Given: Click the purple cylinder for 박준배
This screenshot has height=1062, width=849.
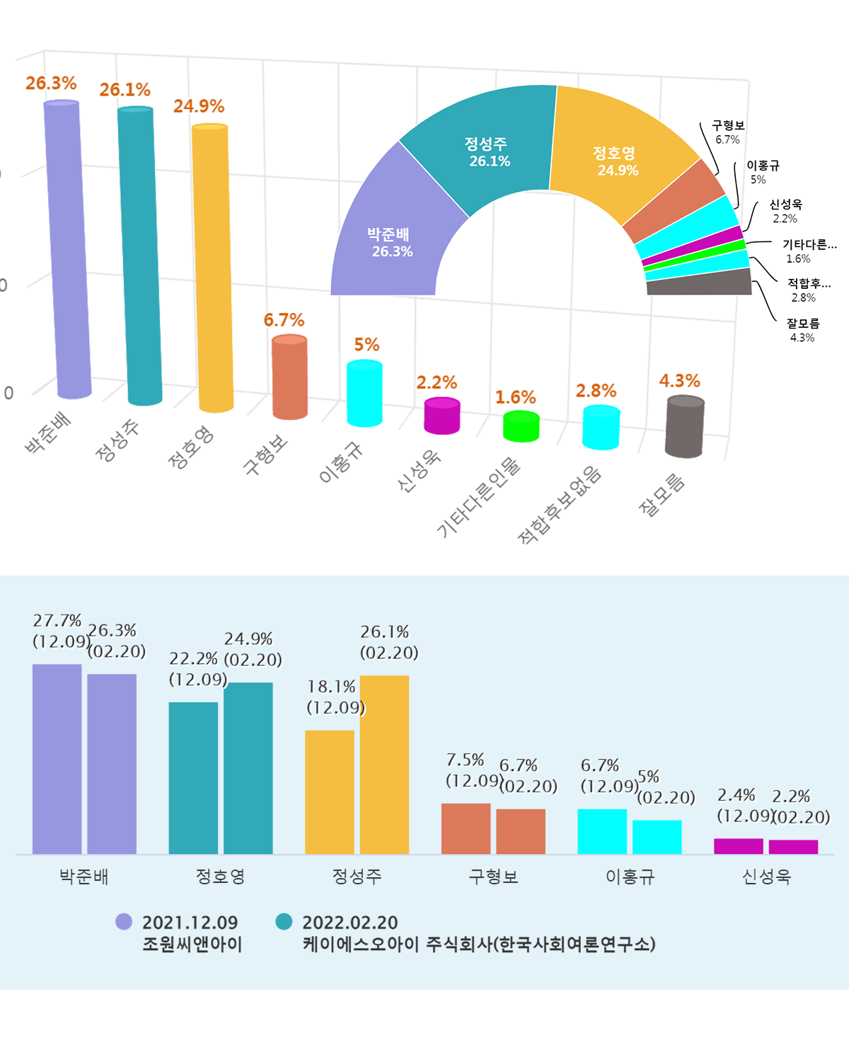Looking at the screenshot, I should point(67,248).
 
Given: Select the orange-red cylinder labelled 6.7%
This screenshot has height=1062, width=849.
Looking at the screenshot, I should point(289,377).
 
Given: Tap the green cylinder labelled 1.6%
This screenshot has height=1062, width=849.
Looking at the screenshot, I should point(521,427).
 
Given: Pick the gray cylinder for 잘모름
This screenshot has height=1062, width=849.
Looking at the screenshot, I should point(684,426).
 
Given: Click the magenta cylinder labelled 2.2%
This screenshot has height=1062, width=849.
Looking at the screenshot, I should point(442,416).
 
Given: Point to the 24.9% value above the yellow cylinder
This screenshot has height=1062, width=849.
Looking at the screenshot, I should point(199,106).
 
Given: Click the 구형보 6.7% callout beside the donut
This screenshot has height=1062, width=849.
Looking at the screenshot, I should point(728,132).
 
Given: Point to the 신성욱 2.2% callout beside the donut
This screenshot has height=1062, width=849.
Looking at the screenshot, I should point(785,211).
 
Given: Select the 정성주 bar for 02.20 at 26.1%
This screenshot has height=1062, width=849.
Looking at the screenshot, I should point(384,765).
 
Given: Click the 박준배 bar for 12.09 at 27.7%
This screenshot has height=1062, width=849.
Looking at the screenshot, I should point(57,759).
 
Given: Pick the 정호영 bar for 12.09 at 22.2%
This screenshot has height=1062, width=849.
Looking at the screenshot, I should point(193,778).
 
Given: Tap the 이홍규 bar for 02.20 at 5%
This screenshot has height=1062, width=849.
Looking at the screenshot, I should point(657,837).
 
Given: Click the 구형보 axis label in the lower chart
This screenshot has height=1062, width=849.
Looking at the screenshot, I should point(493,877).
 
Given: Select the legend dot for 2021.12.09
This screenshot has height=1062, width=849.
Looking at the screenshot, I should point(124,921).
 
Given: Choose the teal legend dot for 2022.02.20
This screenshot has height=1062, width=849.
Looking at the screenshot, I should point(284,921).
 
